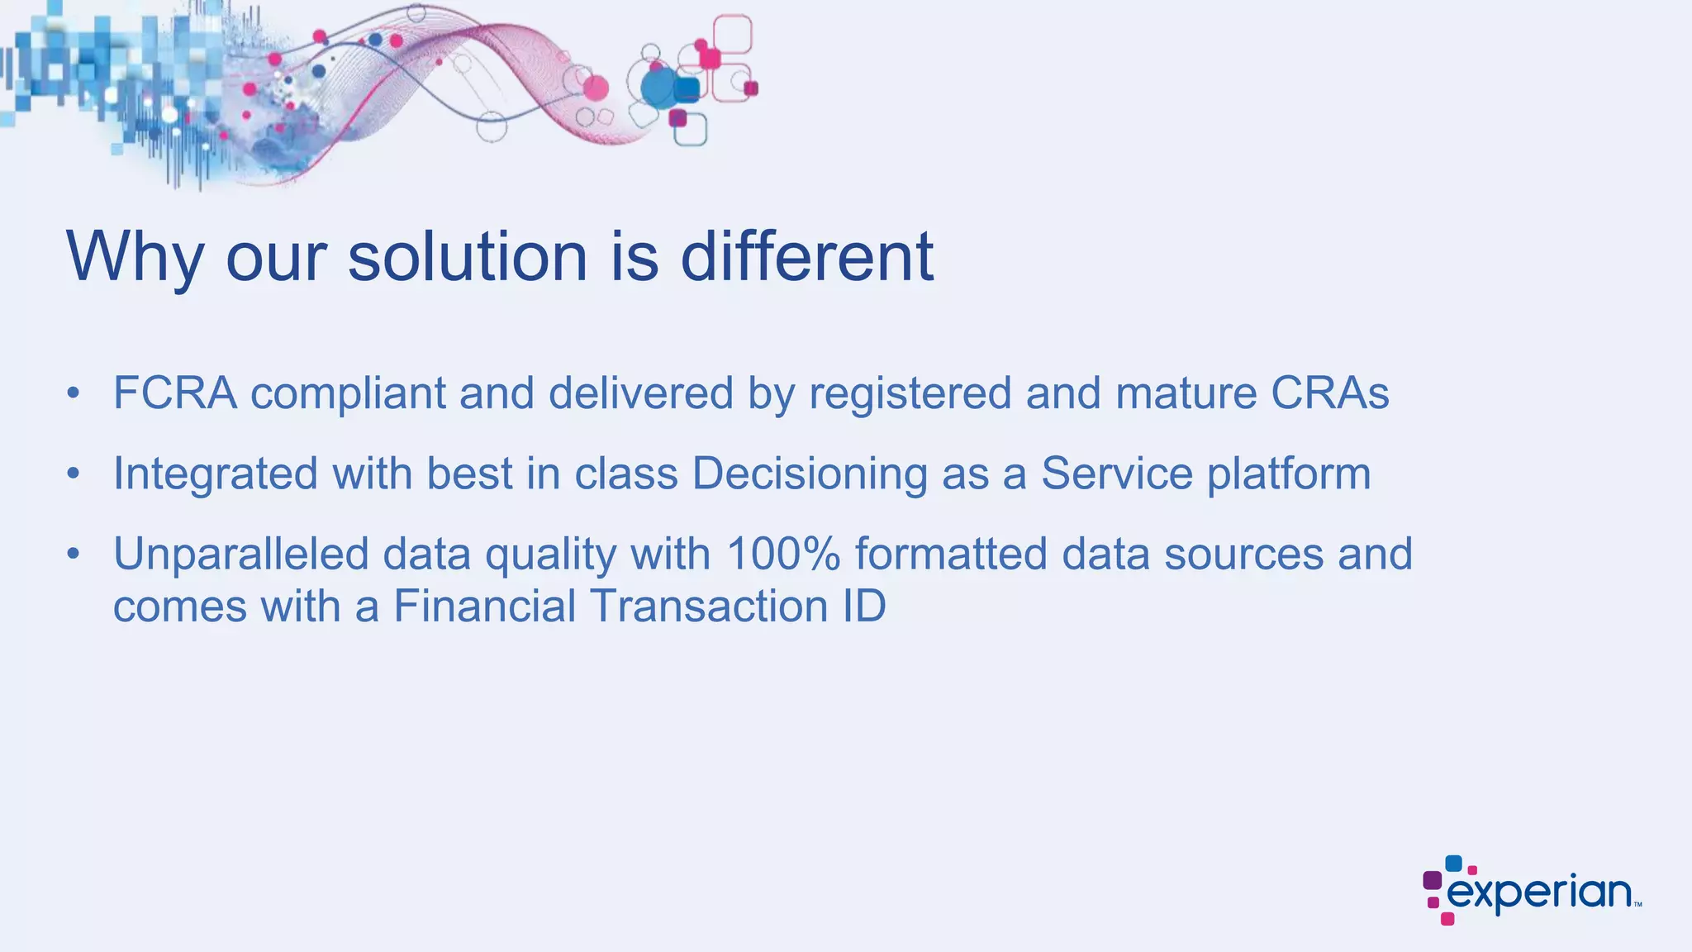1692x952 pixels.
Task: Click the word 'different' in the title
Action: click(806, 256)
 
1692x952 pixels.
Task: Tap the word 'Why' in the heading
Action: click(135, 258)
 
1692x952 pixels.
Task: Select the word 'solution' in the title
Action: click(468, 256)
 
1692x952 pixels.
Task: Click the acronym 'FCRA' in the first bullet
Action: click(175, 393)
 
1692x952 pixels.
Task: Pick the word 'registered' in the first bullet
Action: click(910, 394)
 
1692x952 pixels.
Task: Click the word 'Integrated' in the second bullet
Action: click(215, 474)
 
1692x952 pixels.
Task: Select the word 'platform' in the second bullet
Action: click(1288, 474)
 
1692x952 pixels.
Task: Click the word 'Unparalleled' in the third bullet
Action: click(240, 554)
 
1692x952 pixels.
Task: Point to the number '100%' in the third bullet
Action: click(783, 554)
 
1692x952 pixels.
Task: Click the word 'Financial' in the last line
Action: click(484, 606)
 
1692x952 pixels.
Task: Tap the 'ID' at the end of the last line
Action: click(864, 606)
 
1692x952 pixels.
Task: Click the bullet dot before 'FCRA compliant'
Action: click(74, 393)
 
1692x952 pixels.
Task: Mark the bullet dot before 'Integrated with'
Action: click(74, 474)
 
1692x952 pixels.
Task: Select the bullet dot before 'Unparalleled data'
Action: click(74, 554)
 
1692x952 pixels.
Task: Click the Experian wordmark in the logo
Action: click(1538, 893)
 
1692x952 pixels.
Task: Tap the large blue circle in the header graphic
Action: click(658, 88)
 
